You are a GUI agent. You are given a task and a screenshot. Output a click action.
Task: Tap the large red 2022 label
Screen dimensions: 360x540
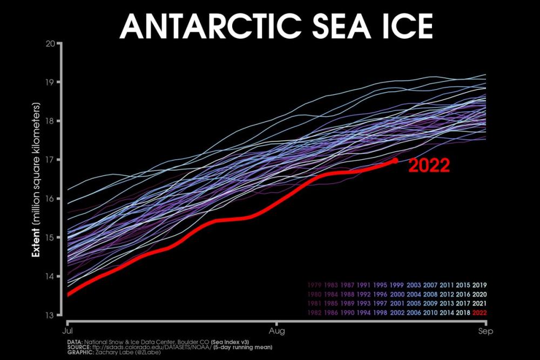[429, 165]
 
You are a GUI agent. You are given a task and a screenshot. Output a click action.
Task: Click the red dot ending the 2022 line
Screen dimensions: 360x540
[395, 160]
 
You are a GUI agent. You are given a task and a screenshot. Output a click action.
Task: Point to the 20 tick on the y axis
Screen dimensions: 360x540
[53, 44]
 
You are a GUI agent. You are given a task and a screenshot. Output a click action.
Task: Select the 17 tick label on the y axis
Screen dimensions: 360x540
[53, 160]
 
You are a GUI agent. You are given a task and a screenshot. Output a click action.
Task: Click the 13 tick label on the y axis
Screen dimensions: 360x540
[53, 315]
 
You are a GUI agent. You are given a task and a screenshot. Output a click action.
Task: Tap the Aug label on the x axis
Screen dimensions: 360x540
[277, 328]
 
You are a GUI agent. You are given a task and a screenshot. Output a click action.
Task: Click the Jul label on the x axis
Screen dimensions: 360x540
[69, 328]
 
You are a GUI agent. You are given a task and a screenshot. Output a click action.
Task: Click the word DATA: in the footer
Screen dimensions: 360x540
[66, 341]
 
